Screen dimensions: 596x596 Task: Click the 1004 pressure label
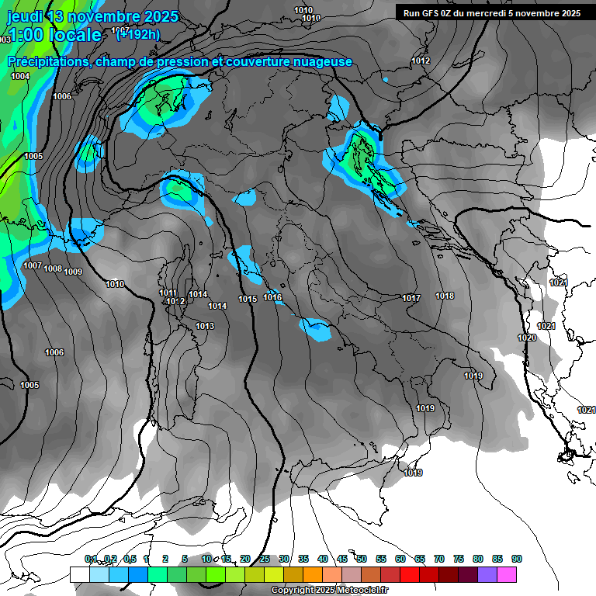click(20, 76)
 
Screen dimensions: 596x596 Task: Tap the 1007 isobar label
click(33, 266)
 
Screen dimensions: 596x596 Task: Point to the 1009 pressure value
click(73, 272)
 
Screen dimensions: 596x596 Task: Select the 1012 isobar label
click(421, 61)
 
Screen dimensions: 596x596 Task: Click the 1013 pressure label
click(205, 327)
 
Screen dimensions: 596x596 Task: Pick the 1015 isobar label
click(248, 300)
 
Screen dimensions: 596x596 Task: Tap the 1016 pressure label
click(273, 298)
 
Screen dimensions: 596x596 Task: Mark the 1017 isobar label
click(411, 299)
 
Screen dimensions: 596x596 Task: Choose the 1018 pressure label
click(445, 296)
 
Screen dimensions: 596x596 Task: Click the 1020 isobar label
click(527, 338)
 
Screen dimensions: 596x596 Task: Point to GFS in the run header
click(435, 13)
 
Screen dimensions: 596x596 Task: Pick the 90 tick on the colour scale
click(516, 560)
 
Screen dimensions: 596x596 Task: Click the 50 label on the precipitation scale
click(362, 560)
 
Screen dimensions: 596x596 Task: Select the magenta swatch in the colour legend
click(507, 574)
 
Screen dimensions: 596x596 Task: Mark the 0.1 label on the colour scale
click(91, 560)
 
